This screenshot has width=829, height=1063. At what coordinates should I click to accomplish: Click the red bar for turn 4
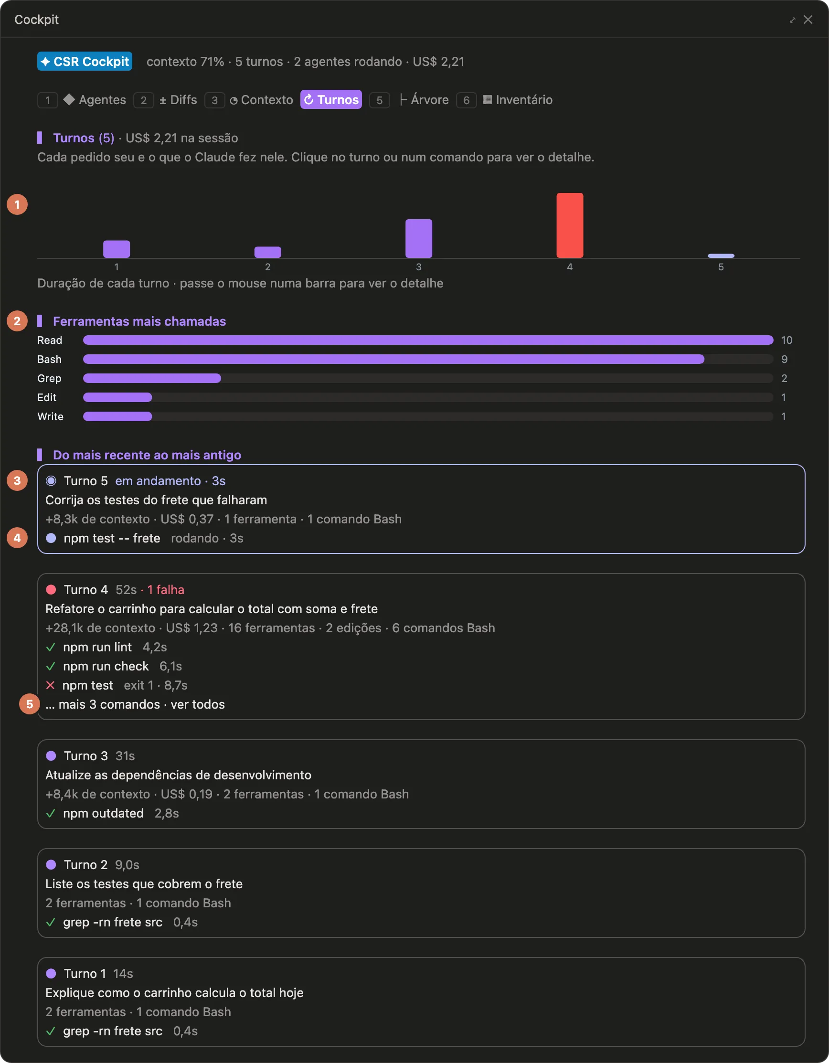pyautogui.click(x=570, y=225)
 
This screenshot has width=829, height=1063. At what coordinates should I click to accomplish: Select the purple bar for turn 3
pyautogui.click(x=419, y=238)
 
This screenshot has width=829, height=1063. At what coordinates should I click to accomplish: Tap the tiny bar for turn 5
pyautogui.click(x=721, y=255)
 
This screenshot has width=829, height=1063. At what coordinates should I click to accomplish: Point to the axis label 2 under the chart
pyautogui.click(x=268, y=267)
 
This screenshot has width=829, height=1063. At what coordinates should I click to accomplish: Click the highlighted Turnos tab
pyautogui.click(x=331, y=100)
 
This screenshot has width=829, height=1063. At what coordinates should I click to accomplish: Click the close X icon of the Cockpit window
pyautogui.click(x=808, y=20)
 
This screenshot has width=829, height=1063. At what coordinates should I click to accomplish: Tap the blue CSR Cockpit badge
pyautogui.click(x=85, y=61)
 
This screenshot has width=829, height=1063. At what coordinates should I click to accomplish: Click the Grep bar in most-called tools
pyautogui.click(x=152, y=378)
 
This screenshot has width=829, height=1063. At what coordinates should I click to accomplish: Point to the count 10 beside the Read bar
pyautogui.click(x=786, y=340)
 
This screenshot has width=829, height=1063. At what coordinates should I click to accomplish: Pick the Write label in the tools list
pyautogui.click(x=50, y=416)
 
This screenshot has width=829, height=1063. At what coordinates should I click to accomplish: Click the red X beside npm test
pyautogui.click(x=50, y=685)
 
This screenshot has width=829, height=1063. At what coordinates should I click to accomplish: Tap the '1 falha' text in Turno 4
pyautogui.click(x=166, y=590)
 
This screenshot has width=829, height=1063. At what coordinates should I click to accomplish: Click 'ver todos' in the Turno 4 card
pyautogui.click(x=198, y=704)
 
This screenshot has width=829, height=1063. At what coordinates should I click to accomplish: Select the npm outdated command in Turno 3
pyautogui.click(x=103, y=813)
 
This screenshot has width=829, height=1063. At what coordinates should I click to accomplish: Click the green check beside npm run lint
pyautogui.click(x=50, y=648)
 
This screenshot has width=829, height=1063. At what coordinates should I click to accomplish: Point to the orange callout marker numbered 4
pyautogui.click(x=17, y=538)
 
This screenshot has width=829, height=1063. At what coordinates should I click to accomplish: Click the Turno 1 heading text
pyautogui.click(x=85, y=973)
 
